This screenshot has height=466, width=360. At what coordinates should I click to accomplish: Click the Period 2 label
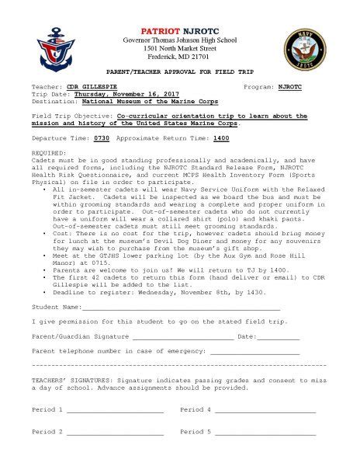click(x=47, y=431)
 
